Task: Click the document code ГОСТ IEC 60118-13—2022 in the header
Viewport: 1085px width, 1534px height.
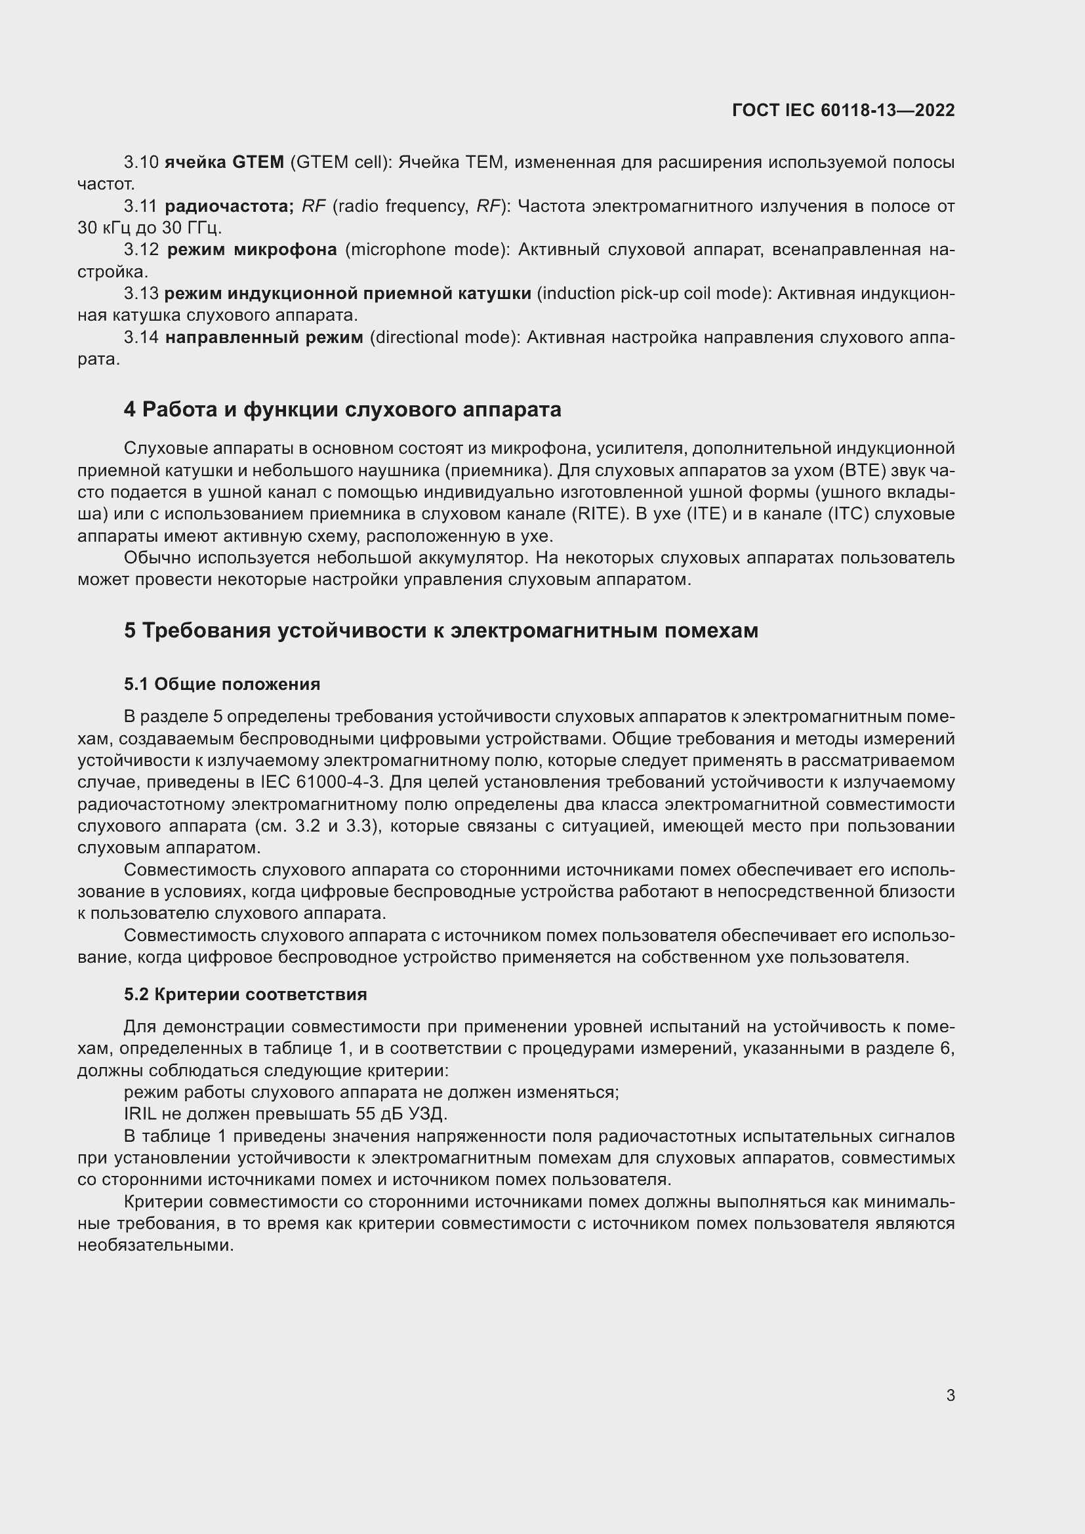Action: click(842, 110)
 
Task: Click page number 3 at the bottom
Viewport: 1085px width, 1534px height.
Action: click(950, 1395)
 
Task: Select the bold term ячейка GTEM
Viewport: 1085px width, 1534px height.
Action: click(224, 162)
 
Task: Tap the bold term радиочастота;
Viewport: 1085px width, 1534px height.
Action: click(229, 206)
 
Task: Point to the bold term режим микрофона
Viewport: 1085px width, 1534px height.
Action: click(251, 250)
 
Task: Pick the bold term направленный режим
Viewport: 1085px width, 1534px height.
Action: click(264, 337)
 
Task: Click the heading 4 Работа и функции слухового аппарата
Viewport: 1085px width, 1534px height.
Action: click(342, 409)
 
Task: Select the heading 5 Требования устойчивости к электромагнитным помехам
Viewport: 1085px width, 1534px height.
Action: click(441, 630)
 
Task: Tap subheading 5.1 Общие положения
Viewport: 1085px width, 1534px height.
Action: click(222, 684)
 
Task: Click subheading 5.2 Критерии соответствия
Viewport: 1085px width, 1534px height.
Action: click(245, 994)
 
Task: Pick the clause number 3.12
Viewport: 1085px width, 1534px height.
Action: click(141, 250)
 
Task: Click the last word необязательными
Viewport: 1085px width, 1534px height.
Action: click(155, 1245)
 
